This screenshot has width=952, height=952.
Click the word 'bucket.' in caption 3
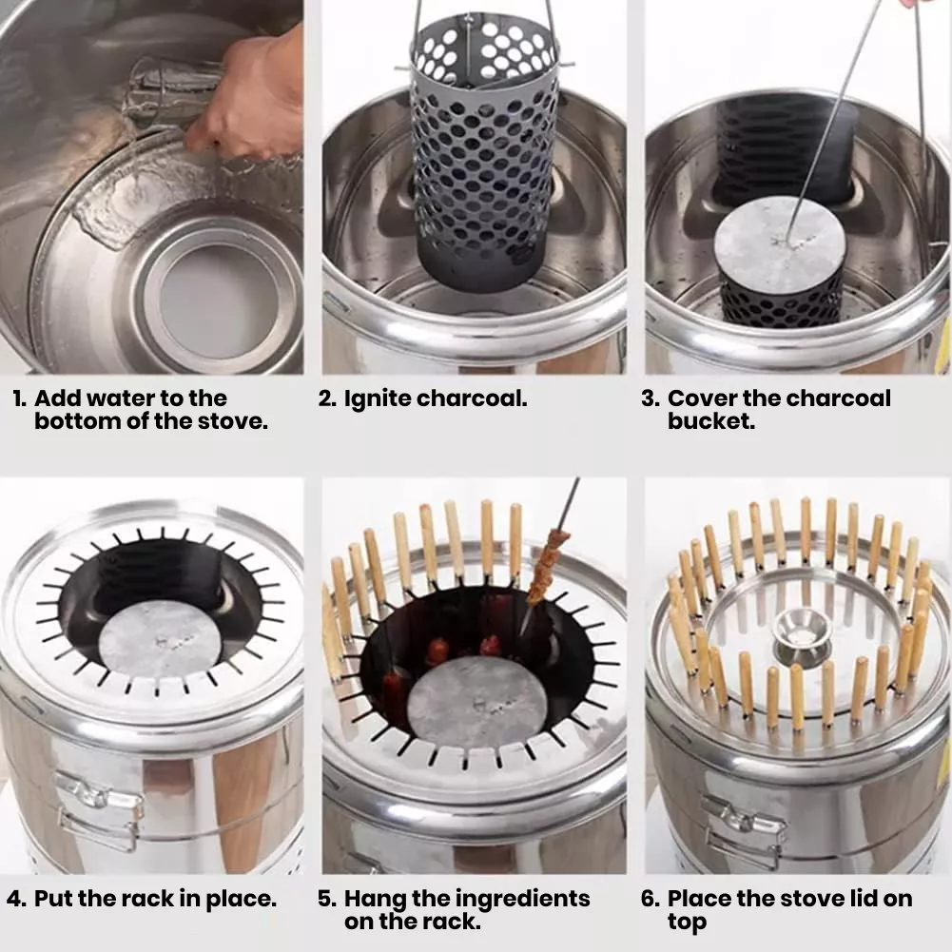[x=711, y=420]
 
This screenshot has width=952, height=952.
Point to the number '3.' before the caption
[x=650, y=398]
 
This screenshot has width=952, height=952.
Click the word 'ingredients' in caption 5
[x=522, y=899]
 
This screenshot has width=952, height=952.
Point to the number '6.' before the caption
[x=651, y=899]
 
